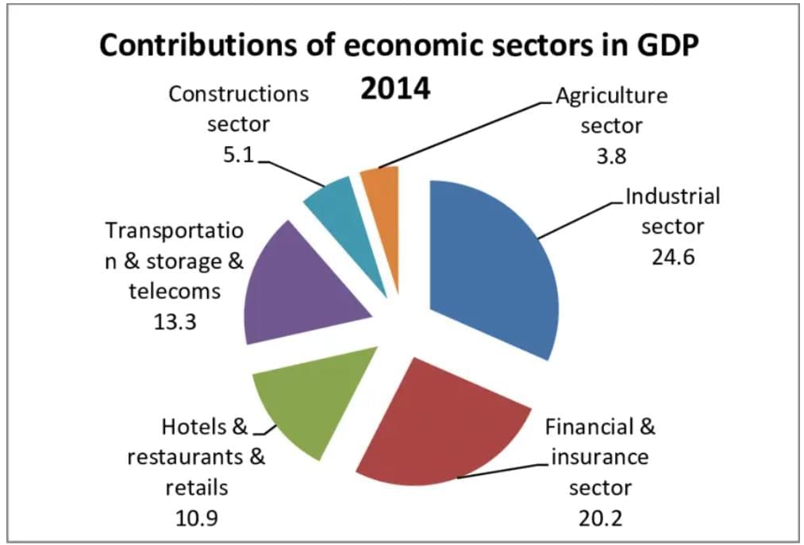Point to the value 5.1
tap(237, 155)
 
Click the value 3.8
tap(610, 155)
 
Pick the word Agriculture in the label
tap(611, 96)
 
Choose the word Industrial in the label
tap(672, 196)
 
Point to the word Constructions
tap(238, 94)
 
